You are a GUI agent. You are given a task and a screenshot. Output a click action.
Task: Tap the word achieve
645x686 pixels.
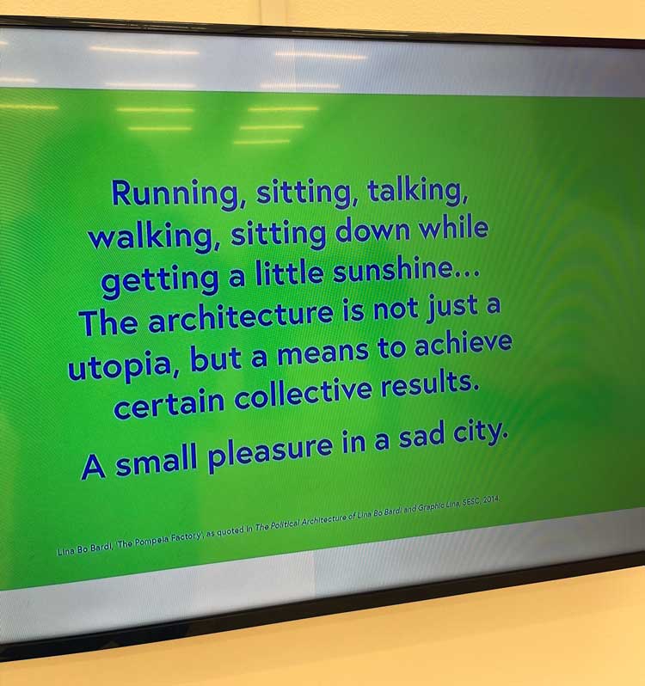(463, 345)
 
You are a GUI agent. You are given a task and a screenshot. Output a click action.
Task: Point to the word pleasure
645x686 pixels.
(269, 453)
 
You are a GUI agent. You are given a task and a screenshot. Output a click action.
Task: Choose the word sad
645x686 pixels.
(420, 438)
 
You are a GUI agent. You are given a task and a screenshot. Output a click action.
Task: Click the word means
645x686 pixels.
(322, 354)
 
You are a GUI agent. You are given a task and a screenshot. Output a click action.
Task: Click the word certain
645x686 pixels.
(169, 406)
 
